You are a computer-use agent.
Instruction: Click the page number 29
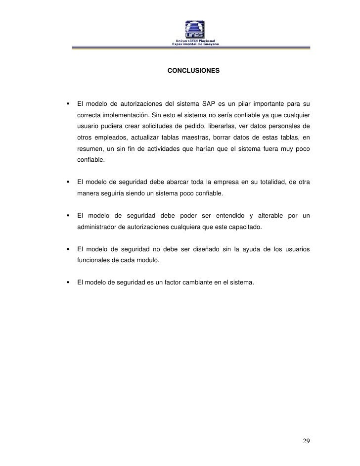tap(307, 441)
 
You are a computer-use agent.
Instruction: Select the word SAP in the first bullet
tap(209, 104)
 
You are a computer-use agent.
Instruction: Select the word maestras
tap(199, 138)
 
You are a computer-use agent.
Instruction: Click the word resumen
tap(90, 149)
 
